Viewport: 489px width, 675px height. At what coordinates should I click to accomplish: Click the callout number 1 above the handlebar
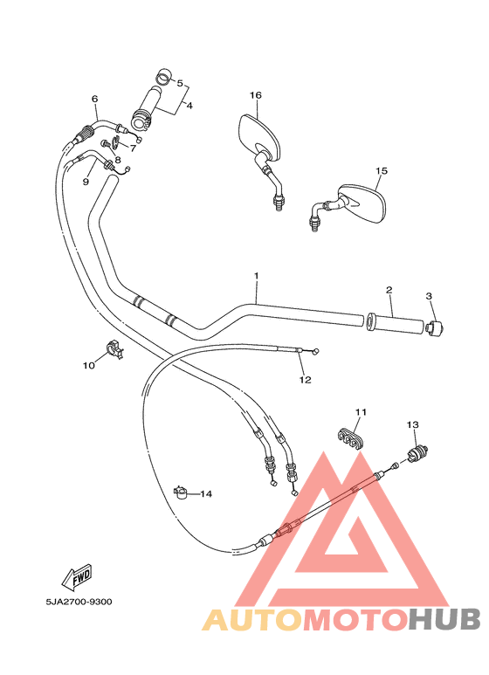tap(257, 276)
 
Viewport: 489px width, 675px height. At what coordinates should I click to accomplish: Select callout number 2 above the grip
tap(389, 290)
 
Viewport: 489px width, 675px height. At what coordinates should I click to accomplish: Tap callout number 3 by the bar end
tap(430, 296)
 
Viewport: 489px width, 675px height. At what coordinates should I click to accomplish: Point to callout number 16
tap(256, 95)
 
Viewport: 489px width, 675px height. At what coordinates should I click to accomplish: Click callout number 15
tap(381, 171)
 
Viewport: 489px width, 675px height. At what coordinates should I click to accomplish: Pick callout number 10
tap(88, 366)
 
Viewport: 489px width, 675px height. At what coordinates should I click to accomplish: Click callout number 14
tap(206, 494)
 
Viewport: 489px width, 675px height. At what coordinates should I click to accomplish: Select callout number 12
tap(305, 380)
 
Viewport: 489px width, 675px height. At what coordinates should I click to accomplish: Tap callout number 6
tap(94, 99)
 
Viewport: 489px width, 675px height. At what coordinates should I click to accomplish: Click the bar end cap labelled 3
tap(436, 327)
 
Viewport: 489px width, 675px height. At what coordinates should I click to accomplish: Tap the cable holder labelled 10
tap(114, 348)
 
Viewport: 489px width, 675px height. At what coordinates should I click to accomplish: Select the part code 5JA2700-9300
tap(79, 602)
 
